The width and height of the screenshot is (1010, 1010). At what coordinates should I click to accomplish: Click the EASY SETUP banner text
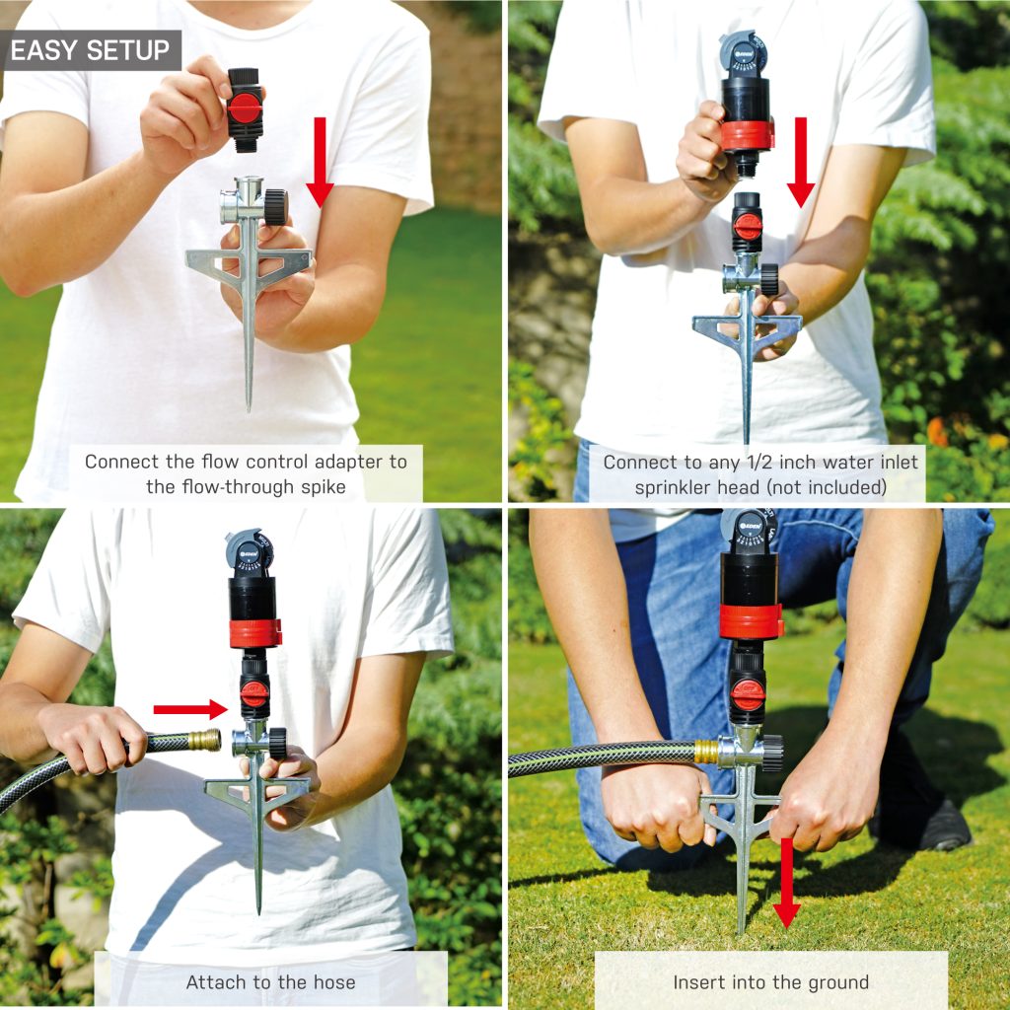(90, 50)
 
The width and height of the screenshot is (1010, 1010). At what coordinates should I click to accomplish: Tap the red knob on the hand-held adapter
(245, 108)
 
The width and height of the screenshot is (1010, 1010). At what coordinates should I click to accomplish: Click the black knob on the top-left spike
(276, 206)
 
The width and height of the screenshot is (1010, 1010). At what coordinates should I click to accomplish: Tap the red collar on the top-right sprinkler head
(747, 135)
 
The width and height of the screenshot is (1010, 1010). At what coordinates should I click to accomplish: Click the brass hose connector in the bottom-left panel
(204, 740)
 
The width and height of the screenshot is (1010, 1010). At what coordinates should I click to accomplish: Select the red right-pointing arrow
(190, 709)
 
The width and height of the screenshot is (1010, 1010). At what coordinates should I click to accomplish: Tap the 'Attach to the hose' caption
(270, 981)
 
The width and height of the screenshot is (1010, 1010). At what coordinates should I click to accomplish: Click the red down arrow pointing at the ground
(786, 883)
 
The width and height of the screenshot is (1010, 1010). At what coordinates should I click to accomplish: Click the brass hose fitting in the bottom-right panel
(707, 752)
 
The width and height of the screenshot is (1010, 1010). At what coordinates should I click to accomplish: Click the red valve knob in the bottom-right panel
(747, 693)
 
